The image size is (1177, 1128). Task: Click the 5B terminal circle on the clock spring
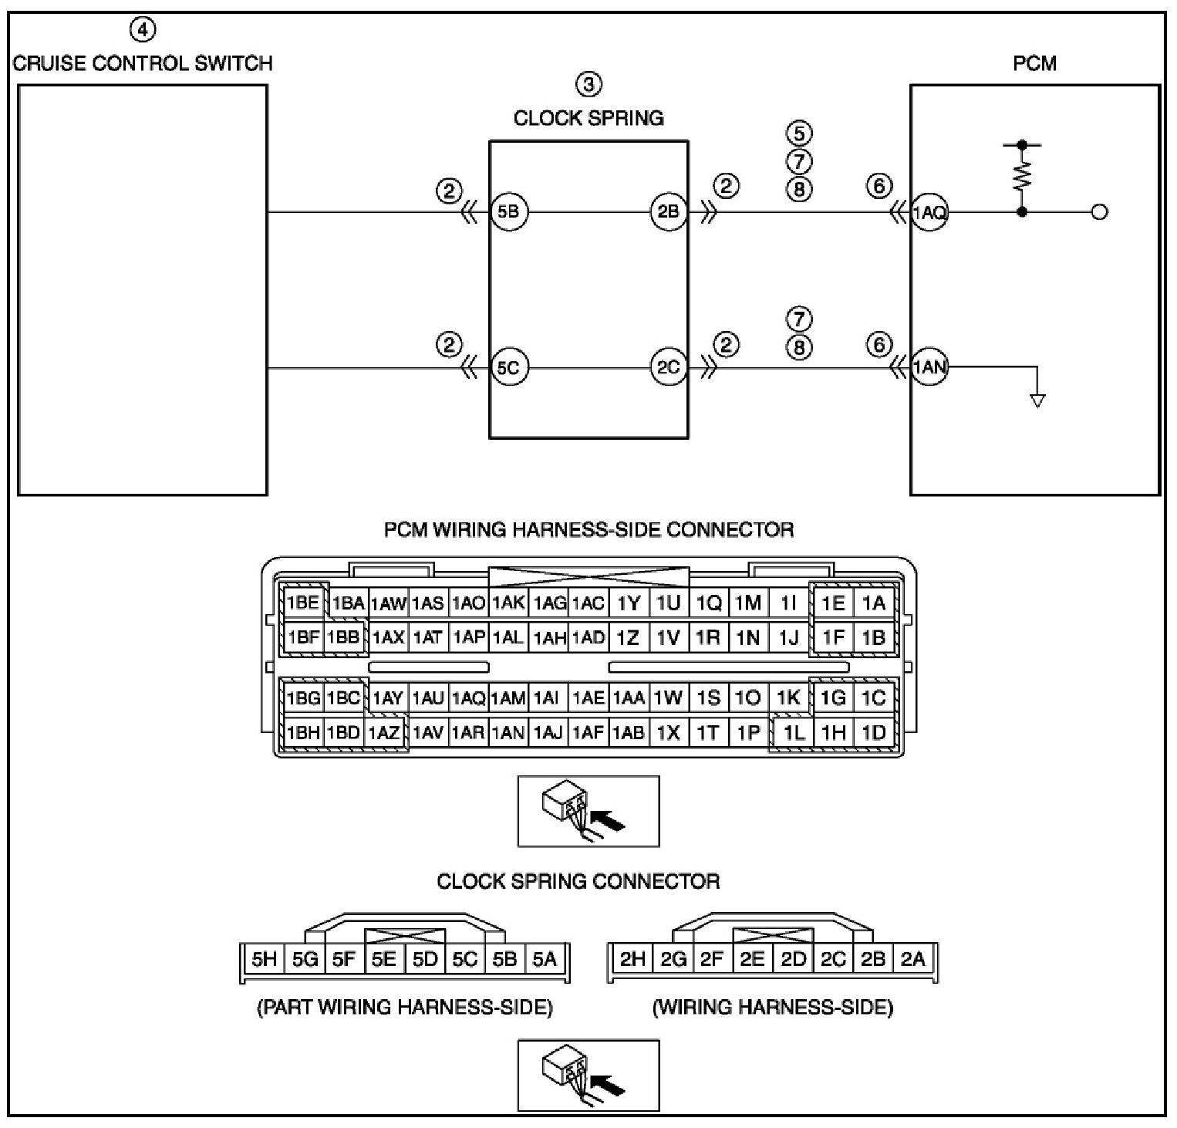pos(509,211)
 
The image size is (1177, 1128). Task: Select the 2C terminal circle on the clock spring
pos(668,367)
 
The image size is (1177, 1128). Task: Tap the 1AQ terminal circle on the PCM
pos(929,212)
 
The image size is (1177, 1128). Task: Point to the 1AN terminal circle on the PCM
pos(929,368)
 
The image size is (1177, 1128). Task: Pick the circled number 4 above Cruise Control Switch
pos(142,30)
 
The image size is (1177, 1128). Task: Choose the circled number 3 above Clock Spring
pos(589,84)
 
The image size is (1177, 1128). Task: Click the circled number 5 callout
pos(799,133)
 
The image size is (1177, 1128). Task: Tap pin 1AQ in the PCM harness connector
pos(468,698)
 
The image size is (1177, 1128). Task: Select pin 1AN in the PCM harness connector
pos(508,733)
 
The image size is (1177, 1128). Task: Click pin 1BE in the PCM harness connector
pos(303,603)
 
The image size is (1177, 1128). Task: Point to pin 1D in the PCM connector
pos(874,732)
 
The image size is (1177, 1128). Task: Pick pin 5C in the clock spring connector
pos(465,959)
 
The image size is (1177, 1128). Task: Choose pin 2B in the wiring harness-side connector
pos(872,959)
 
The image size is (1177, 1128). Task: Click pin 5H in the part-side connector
pos(264,959)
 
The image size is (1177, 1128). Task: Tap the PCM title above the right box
pos(1034,63)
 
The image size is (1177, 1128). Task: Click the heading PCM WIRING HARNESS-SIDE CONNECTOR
pos(589,530)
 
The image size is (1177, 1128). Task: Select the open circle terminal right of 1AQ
pos(1100,212)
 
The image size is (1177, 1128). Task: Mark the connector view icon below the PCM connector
pos(588,812)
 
